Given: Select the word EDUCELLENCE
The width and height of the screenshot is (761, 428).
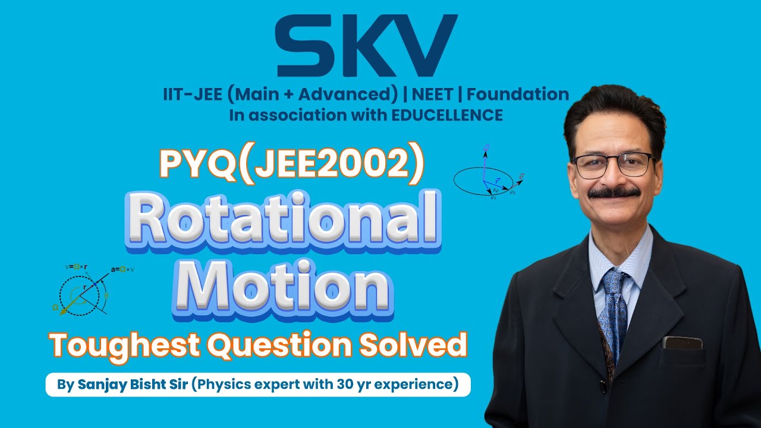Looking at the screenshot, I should [448, 115].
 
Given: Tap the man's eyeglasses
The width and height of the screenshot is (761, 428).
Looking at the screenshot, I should [612, 165].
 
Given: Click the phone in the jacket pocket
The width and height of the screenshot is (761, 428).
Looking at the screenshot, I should [682, 342].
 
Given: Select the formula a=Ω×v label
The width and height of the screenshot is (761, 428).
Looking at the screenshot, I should [123, 269].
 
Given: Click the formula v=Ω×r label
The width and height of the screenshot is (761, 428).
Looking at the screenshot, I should [77, 267].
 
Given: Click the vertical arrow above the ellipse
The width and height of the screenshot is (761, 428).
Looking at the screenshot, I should [485, 159].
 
